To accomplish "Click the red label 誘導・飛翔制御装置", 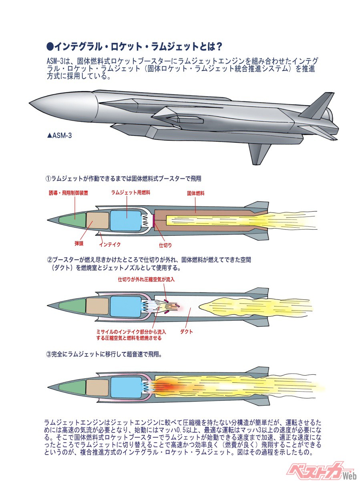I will coord(68,193).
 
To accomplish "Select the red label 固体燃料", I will coord(196,193).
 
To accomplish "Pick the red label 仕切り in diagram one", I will coord(165,244).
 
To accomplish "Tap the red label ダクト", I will coord(187,331).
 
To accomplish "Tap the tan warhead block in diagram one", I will coord(98,220).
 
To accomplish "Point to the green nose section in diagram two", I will coord(72,305).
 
